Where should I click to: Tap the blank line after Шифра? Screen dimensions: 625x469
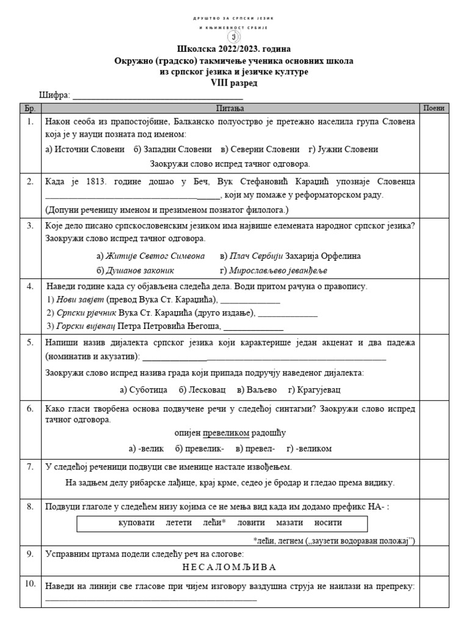coord(158,96)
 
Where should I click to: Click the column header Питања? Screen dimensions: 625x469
coord(230,108)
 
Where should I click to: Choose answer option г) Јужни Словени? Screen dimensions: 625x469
coord(343,149)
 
